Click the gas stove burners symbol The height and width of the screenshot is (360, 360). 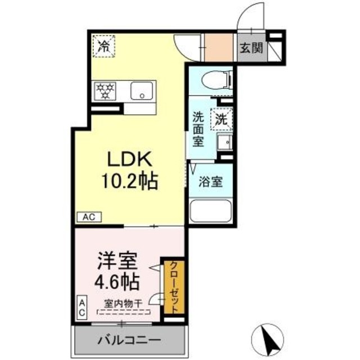[x=105, y=90]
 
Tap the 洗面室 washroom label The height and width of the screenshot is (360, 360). [x=199, y=129]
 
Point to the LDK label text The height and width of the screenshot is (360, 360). [x=130, y=160]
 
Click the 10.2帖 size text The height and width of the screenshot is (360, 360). [x=130, y=181]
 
